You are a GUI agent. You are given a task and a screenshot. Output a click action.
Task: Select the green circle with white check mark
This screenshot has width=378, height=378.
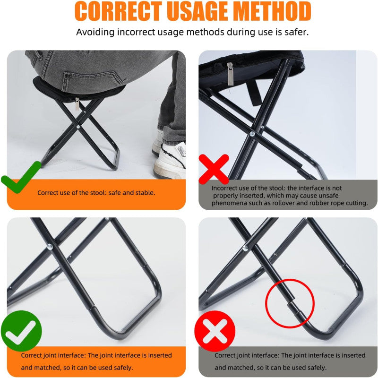point(22,331)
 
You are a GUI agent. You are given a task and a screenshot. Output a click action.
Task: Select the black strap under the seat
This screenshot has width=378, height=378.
point(255,92)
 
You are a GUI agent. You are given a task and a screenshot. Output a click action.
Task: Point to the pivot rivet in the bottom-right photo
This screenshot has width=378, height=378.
point(245,247)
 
